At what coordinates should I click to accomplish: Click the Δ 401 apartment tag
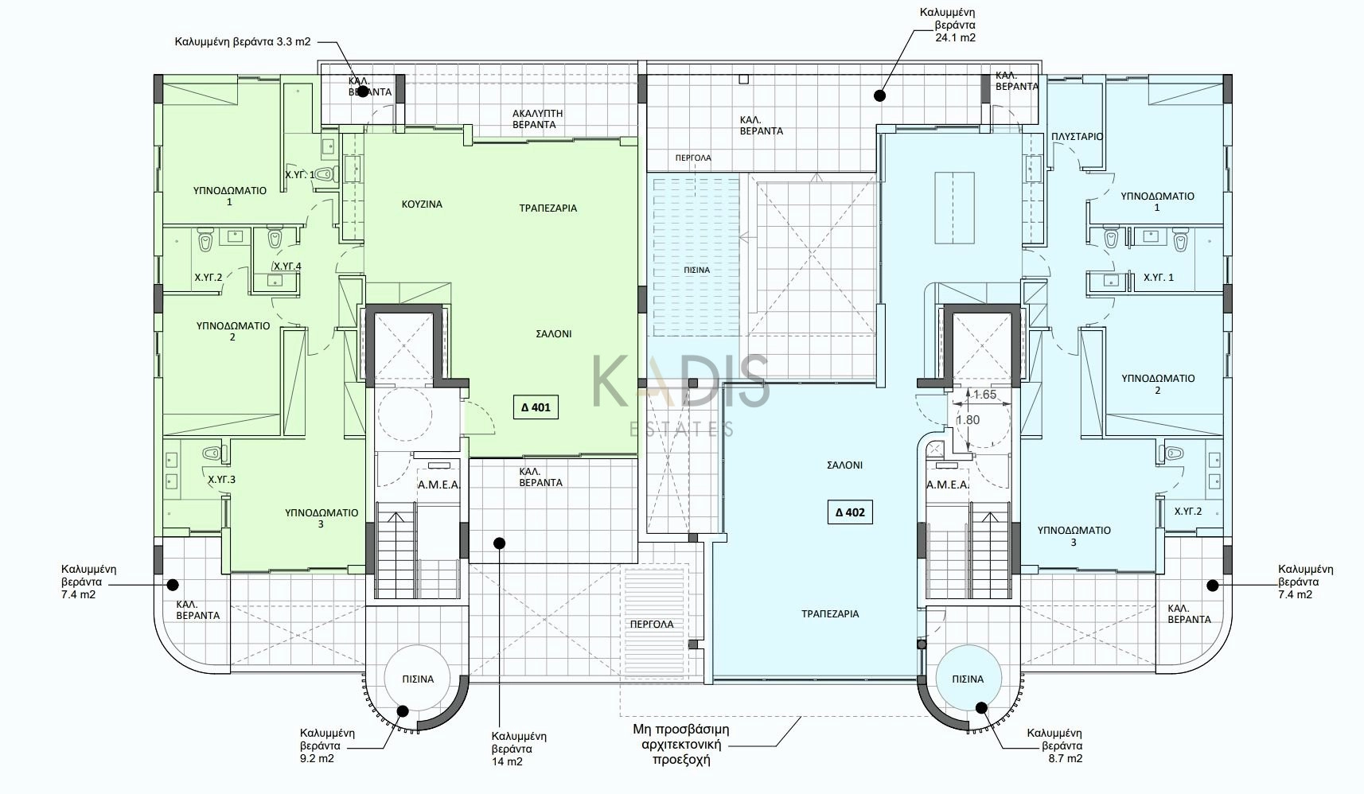tap(536, 407)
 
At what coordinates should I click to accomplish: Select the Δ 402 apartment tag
tap(850, 512)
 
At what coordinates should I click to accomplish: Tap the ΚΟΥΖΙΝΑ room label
tap(422, 204)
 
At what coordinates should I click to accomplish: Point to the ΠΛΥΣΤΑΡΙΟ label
tap(1078, 136)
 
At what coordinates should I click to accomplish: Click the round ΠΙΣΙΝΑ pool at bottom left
tap(418, 679)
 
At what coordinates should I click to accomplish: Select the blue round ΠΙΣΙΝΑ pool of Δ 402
tap(968, 679)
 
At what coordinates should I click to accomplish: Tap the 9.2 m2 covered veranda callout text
tap(327, 746)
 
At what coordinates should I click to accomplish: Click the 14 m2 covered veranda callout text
tap(519, 749)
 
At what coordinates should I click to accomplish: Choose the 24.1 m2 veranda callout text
tap(948, 25)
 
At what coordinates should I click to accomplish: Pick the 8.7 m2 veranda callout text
tap(1054, 746)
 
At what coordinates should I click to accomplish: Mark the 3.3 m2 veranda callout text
tap(243, 42)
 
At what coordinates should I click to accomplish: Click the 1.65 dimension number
tap(984, 395)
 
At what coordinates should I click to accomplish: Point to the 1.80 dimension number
tap(968, 420)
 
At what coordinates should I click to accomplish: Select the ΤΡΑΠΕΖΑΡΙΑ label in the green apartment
tap(548, 208)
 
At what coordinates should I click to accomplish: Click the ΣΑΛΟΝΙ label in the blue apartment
tap(844, 465)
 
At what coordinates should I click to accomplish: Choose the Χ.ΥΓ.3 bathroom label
tap(222, 480)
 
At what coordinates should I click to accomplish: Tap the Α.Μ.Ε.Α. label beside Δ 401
tap(439, 485)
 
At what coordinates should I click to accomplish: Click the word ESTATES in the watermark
tap(681, 430)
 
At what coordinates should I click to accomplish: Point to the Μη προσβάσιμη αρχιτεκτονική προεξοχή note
tap(681, 744)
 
